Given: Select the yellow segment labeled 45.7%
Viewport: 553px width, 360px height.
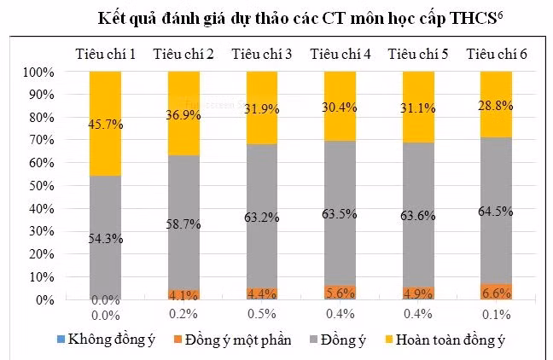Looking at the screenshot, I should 105,102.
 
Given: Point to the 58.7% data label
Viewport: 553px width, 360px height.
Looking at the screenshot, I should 183,224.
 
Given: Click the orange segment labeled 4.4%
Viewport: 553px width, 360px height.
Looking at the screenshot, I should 261,294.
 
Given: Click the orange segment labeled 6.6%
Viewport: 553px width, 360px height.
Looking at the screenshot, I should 497,292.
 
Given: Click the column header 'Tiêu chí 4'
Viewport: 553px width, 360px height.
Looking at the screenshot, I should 340,55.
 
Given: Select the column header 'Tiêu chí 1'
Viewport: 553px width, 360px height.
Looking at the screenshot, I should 105,55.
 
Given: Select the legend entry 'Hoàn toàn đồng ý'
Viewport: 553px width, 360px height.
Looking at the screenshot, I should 456,340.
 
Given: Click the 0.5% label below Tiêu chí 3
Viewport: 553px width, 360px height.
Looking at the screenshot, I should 261,315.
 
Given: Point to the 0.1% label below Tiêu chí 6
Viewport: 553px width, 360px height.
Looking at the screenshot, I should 497,315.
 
